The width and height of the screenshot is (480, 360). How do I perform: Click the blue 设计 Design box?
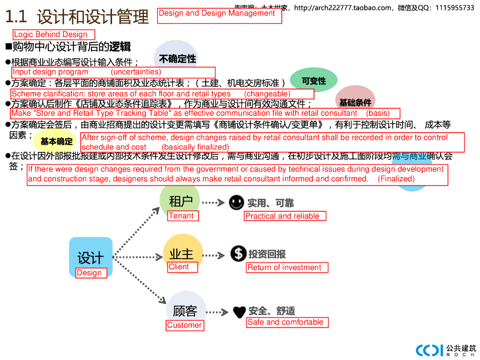(90, 256)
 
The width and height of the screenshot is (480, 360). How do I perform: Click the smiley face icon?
(236, 202)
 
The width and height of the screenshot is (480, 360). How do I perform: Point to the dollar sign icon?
(238, 254)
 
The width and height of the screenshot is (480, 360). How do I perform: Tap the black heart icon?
(239, 311)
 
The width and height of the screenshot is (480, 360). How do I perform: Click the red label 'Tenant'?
(183, 216)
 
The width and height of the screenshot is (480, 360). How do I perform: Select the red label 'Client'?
(182, 267)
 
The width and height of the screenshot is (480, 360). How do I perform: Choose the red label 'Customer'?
(185, 325)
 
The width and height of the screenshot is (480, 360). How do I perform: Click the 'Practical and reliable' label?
(285, 216)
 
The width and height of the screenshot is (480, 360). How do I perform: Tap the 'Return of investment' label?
(287, 268)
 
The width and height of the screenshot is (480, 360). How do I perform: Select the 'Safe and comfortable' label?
(287, 322)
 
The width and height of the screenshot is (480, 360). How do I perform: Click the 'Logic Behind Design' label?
(53, 34)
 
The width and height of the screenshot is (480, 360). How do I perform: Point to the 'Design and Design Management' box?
(219, 15)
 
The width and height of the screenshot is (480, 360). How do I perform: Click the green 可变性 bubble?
(314, 81)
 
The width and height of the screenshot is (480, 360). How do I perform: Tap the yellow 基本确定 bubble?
(56, 141)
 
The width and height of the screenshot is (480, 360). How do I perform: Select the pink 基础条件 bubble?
(355, 101)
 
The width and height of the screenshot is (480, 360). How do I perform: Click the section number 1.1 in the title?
(15, 17)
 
